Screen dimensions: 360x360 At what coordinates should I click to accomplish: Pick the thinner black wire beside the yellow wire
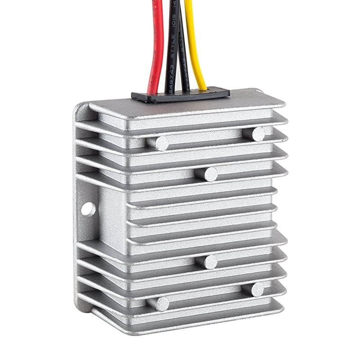183,54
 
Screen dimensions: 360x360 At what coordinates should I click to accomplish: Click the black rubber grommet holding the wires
180,95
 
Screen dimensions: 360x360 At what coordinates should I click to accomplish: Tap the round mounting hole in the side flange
88,209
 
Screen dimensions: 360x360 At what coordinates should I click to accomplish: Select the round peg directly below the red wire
160,143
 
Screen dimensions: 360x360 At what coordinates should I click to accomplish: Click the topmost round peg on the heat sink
258,134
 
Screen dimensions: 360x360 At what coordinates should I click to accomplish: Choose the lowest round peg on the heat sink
160,304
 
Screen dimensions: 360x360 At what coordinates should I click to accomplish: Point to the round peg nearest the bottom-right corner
257,289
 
